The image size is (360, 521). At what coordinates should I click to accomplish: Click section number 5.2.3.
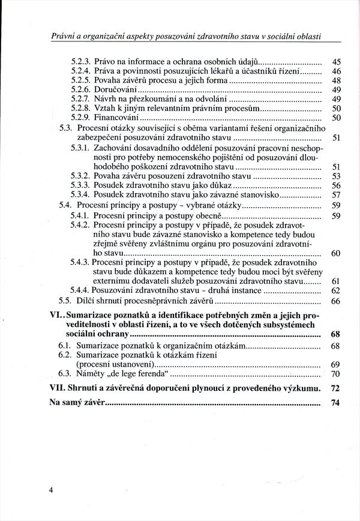click(x=80, y=61)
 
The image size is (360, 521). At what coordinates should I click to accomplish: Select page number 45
click(x=336, y=61)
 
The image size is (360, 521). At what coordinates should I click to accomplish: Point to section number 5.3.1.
click(x=80, y=148)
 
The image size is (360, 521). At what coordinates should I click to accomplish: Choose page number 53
click(x=336, y=176)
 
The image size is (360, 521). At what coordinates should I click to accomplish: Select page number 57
click(x=336, y=195)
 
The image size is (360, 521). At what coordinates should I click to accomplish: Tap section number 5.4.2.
click(x=80, y=224)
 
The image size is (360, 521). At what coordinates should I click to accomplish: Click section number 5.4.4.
click(x=80, y=291)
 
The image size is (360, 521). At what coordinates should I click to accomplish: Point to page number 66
click(x=336, y=300)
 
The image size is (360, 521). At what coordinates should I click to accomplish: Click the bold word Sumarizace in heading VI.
click(x=92, y=314)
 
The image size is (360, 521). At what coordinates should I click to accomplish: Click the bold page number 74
click(x=336, y=403)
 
